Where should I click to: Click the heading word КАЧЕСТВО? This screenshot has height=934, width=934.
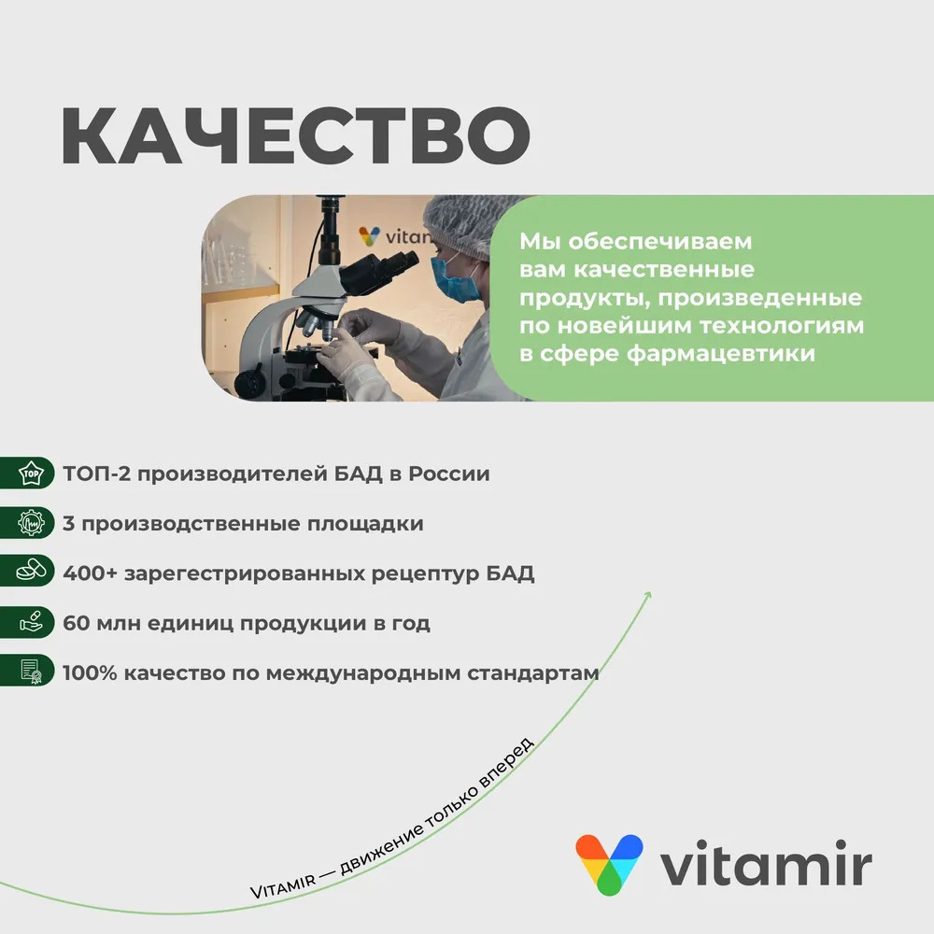pos(295,135)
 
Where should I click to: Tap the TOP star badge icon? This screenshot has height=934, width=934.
pos(31,474)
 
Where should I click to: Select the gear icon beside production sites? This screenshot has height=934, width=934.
pos(31,523)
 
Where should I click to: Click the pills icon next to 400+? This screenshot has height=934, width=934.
pos(31,571)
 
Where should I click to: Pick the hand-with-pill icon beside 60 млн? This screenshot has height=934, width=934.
pos(31,621)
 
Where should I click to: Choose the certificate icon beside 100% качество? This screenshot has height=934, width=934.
pos(31,671)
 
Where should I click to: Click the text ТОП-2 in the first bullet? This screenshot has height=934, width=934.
pos(96,474)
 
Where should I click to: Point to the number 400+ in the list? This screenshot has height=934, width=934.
pos(90,573)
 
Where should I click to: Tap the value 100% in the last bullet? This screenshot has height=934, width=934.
pos(90,673)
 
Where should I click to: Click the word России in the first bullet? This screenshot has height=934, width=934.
pos(449,474)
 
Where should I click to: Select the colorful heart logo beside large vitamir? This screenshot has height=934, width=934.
pos(609,864)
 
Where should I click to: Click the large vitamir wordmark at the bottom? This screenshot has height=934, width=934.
pos(766,863)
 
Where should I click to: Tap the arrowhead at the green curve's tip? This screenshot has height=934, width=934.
pos(648,595)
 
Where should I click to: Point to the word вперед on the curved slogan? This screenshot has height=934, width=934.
pos(507,763)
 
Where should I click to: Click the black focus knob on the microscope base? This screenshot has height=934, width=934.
pos(249,384)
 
